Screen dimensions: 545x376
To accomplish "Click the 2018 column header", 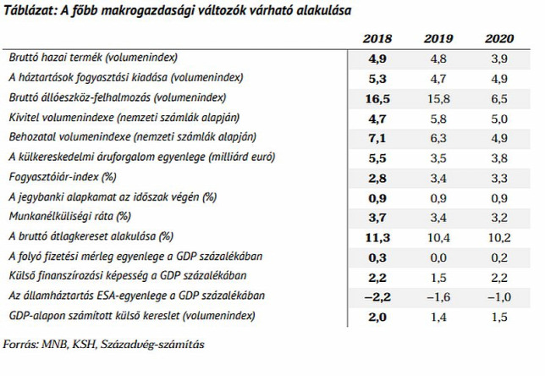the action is (x=377, y=38).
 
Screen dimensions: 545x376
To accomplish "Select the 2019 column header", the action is (x=438, y=38).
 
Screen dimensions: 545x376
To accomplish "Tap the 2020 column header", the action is (x=499, y=38).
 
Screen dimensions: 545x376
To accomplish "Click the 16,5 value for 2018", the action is (x=377, y=99).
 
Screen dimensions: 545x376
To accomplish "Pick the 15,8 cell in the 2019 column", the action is (x=438, y=99).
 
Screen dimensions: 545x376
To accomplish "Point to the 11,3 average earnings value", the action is (x=377, y=238).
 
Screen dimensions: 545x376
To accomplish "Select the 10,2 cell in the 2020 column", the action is (x=499, y=238).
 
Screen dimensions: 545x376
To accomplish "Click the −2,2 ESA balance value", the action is (x=377, y=297).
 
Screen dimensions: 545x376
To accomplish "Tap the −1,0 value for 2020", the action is (x=499, y=297).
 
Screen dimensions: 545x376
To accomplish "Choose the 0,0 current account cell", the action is (x=438, y=257).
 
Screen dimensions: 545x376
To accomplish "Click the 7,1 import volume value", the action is (x=377, y=138).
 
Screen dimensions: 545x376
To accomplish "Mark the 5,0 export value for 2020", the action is (x=499, y=119).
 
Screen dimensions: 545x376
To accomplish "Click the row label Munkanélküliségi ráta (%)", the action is (x=70, y=217).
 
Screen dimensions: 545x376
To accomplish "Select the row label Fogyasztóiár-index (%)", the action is (x=63, y=177).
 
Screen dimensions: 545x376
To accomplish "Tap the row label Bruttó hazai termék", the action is (x=55, y=58).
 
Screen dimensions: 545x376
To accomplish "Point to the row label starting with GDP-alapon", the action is (x=132, y=316).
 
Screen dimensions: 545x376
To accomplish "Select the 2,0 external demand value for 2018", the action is (x=377, y=318).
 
